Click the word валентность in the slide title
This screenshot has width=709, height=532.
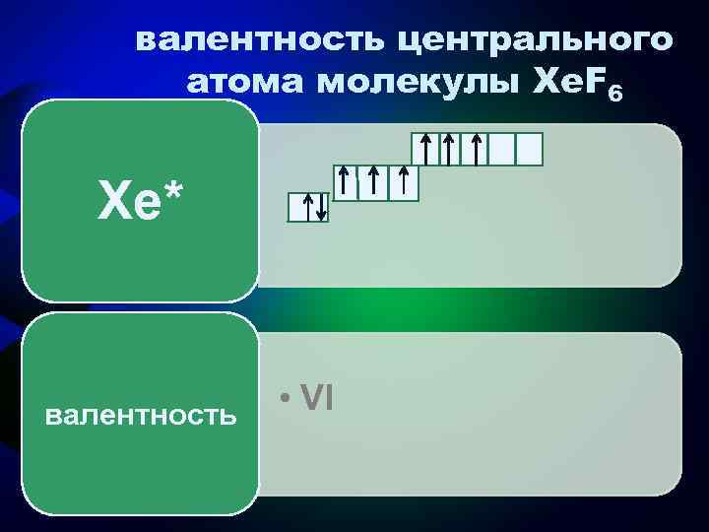point(256,42)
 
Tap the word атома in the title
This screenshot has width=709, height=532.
point(246,86)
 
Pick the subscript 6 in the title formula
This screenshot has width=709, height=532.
point(615,95)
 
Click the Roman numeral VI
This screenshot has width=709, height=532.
point(317,397)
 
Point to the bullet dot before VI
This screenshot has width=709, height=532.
point(283,398)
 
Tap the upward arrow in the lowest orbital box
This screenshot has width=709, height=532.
point(307,208)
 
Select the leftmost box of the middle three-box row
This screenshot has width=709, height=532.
point(346,182)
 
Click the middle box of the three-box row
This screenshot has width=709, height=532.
point(375,182)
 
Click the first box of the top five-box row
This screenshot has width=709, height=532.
point(424,149)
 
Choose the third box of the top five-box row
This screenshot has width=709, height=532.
point(477,149)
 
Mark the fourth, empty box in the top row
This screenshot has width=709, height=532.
point(502,149)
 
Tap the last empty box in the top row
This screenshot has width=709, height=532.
point(530,149)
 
